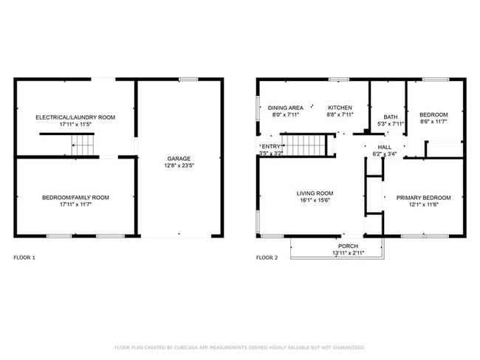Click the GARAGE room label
click(179, 159)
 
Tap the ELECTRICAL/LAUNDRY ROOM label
click(76, 117)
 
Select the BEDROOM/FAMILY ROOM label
click(76, 197)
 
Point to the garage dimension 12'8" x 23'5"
click(179, 166)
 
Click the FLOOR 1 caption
click(24, 257)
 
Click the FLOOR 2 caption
click(267, 257)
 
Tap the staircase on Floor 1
click(83, 147)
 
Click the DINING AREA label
click(285, 108)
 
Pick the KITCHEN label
click(340, 108)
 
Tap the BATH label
click(390, 117)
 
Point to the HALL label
click(385, 147)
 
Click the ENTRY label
click(270, 147)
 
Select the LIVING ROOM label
click(306, 193)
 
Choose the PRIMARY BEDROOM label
click(423, 197)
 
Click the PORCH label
click(348, 246)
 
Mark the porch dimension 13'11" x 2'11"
click(348, 253)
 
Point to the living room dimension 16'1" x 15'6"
click(306, 200)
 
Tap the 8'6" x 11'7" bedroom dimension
click(433, 122)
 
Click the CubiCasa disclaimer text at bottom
click(239, 347)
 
